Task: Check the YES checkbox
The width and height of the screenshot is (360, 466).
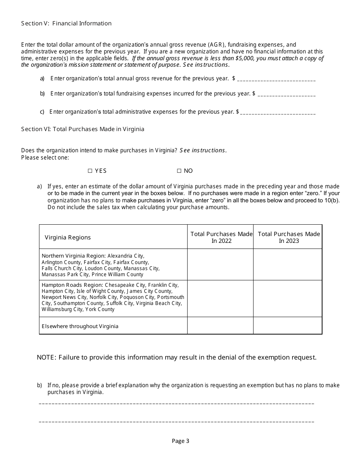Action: (90, 171)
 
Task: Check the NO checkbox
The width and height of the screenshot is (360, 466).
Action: (179, 171)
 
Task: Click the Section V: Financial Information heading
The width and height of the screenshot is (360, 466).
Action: (66, 23)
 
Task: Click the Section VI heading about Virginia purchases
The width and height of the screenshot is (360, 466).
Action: (83, 129)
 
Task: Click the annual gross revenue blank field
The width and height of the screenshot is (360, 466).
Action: (276, 80)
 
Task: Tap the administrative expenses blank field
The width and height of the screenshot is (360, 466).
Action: (278, 113)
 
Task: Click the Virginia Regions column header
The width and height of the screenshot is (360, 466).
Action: (68, 238)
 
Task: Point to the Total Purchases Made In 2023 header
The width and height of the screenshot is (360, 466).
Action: (289, 237)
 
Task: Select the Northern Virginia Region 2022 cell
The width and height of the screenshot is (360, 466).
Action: (220, 264)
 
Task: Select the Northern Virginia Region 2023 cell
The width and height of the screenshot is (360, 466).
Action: (288, 264)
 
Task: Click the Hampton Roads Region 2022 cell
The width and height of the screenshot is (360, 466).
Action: (220, 299)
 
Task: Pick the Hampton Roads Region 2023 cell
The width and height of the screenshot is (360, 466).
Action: (288, 299)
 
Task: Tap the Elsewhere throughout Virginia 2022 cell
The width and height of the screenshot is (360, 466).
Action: (220, 326)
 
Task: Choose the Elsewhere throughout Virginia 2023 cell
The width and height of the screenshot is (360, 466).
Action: (288, 326)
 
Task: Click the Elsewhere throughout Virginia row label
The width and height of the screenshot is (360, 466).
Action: (80, 326)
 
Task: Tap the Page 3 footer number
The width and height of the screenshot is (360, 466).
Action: (180, 441)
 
